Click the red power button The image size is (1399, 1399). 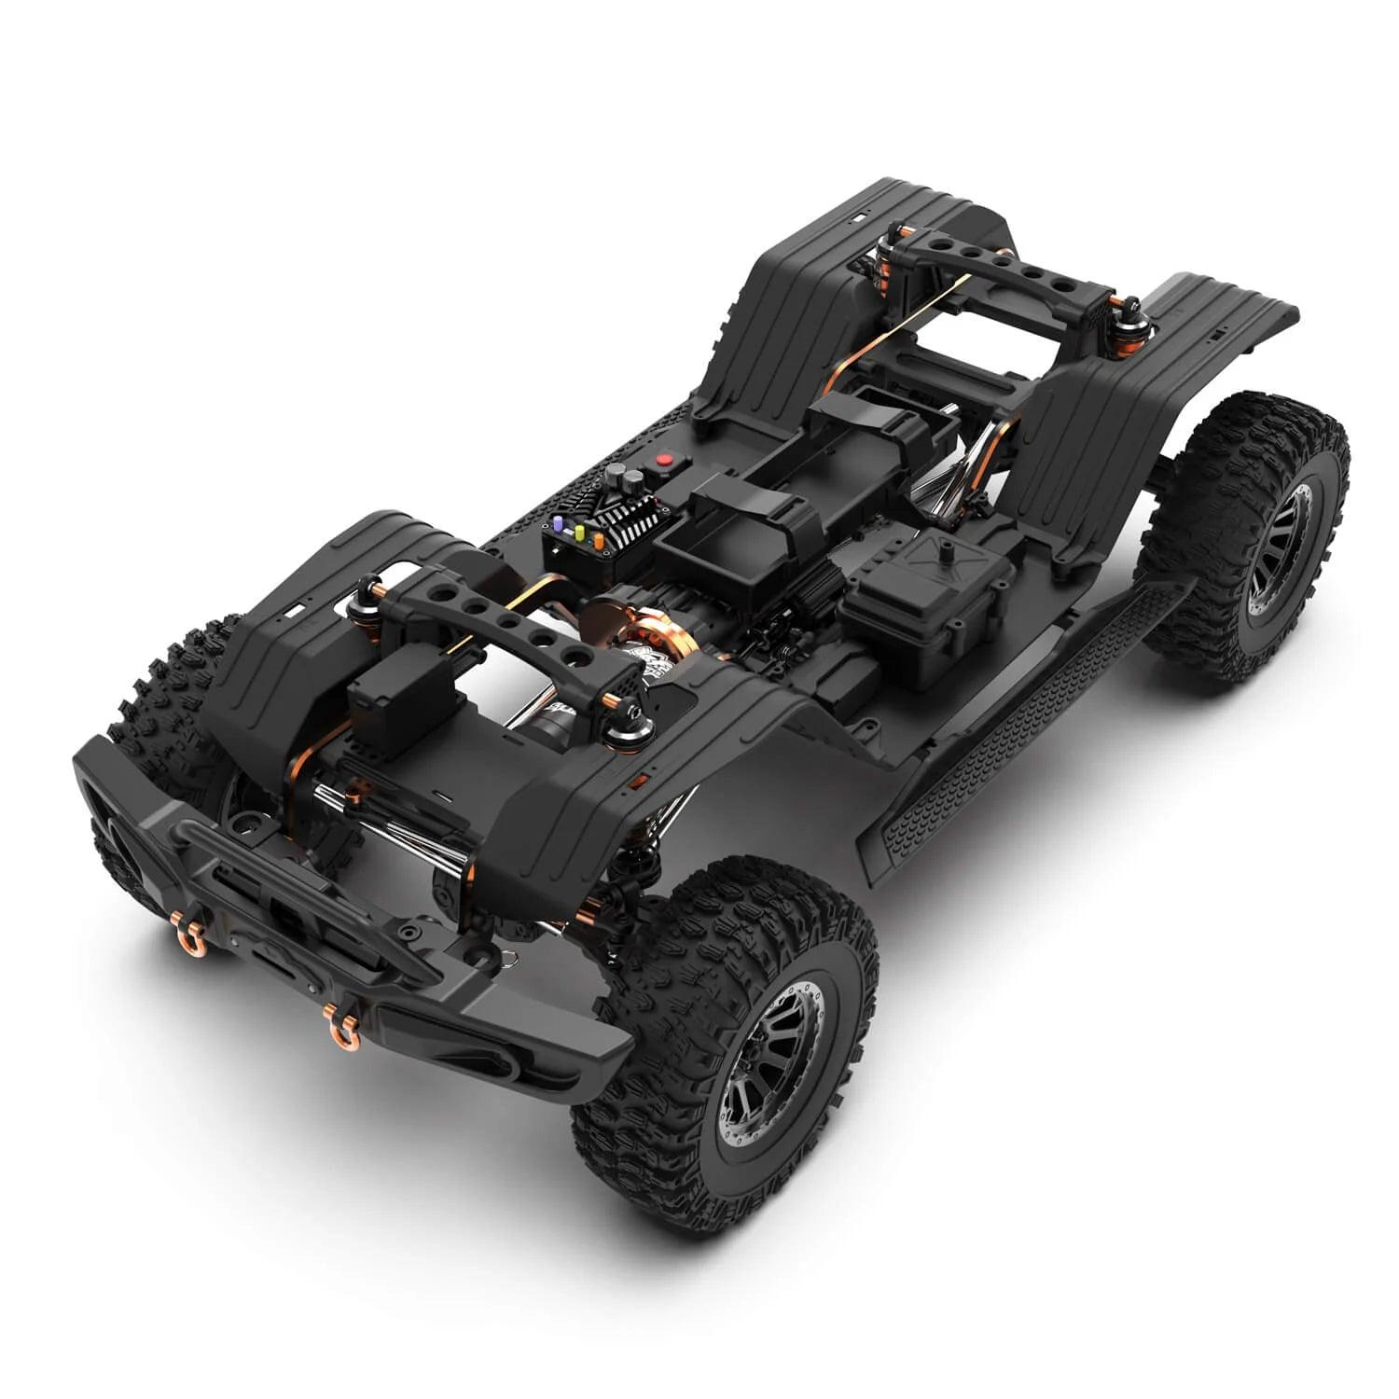(x=664, y=459)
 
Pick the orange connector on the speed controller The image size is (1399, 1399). (x=598, y=538)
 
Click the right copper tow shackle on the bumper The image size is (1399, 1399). (x=338, y=1018)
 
